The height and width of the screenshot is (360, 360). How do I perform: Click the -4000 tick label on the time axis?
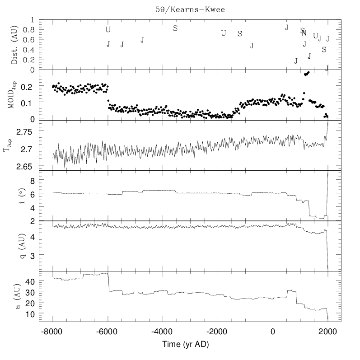(x=162, y=331)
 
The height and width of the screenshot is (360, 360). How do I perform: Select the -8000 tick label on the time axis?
(x=52, y=331)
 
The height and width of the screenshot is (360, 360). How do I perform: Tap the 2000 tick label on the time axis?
(x=327, y=331)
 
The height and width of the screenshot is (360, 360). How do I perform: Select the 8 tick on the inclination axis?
(x=45, y=181)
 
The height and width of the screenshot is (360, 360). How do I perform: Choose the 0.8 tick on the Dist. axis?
(x=41, y=30)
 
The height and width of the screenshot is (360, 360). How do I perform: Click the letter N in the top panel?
(x=304, y=33)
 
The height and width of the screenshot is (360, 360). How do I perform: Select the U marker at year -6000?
(x=108, y=30)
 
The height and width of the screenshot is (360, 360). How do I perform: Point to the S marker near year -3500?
(x=175, y=28)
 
